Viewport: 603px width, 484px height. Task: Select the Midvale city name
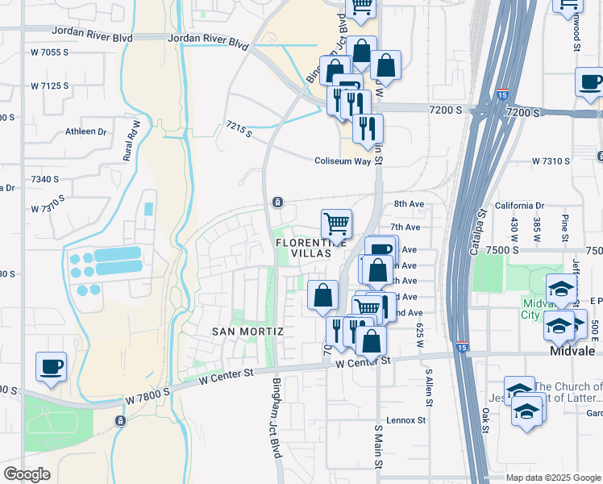572,353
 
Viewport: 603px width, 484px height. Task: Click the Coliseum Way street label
343,161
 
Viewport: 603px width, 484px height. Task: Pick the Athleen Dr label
86,131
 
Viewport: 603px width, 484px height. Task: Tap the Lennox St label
405,420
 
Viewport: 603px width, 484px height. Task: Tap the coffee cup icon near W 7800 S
51,367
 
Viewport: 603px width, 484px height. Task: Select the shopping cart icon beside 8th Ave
336,223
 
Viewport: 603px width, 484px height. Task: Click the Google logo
27,474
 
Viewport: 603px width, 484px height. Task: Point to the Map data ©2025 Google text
553,478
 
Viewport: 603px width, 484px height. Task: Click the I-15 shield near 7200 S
502,94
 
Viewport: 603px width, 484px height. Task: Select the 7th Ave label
406,228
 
